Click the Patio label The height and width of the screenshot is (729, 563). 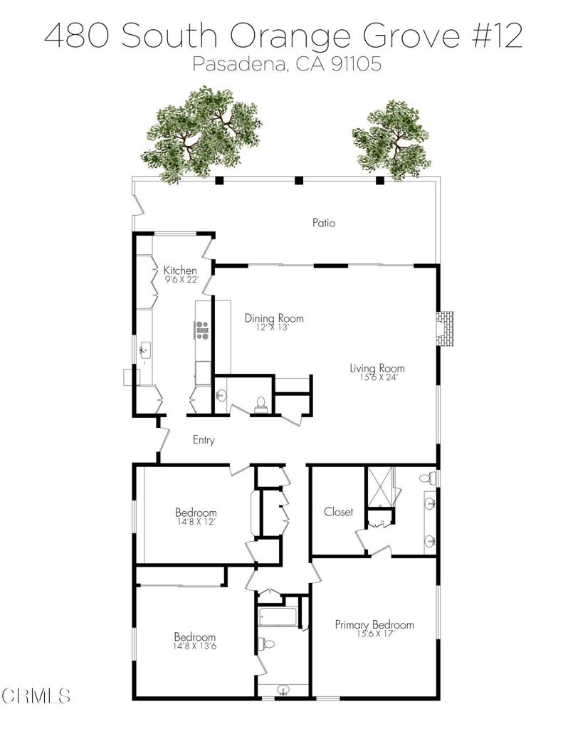point(324,223)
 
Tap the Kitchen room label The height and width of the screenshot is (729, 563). point(180,270)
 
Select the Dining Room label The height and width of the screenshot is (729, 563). point(274,318)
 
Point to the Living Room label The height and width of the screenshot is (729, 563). point(377,368)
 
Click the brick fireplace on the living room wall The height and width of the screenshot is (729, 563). point(445,329)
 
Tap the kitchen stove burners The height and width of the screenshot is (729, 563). point(201,330)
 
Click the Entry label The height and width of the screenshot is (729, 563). point(204,440)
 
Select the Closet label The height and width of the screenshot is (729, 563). point(339,512)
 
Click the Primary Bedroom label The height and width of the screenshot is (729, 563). point(374,624)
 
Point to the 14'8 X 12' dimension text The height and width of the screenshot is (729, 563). point(195,522)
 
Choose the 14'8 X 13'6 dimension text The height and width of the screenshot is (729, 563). point(195,646)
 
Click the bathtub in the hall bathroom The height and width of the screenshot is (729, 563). point(278,617)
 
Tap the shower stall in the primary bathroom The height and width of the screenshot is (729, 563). point(380,486)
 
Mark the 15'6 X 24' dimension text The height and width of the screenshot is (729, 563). point(379,377)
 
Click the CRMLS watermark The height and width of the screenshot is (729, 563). point(36,696)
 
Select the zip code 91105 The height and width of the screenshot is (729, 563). point(356,63)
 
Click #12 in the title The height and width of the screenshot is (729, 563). point(497,36)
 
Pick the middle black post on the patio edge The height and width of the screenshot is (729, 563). point(299,180)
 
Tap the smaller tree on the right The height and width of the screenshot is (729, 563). point(391,140)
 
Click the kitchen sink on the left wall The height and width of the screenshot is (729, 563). point(145,349)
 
